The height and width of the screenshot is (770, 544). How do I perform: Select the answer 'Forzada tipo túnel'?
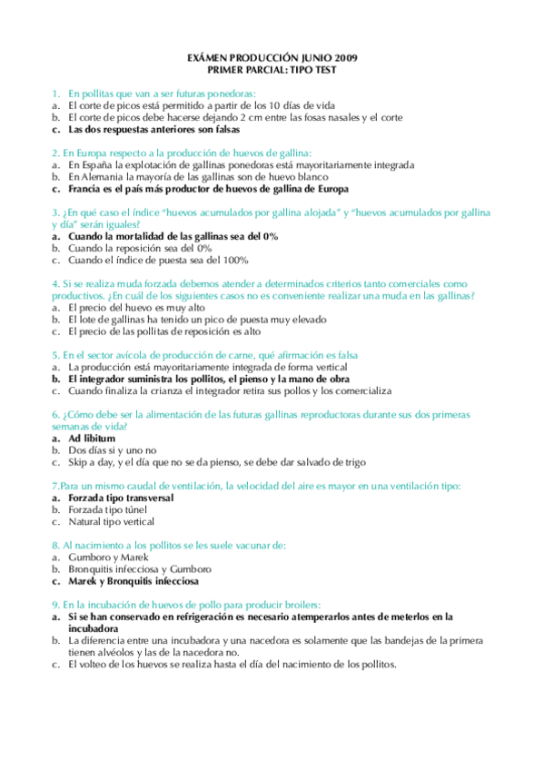112,509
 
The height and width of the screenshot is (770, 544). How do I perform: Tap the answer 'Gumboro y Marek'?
106,557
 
